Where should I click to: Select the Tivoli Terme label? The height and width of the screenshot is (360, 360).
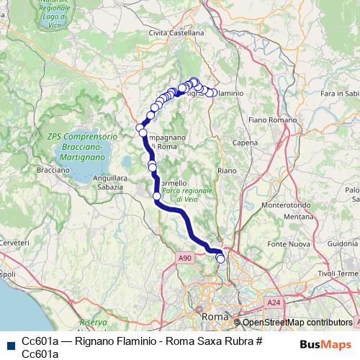337,273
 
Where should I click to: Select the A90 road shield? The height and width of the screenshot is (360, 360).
185,257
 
